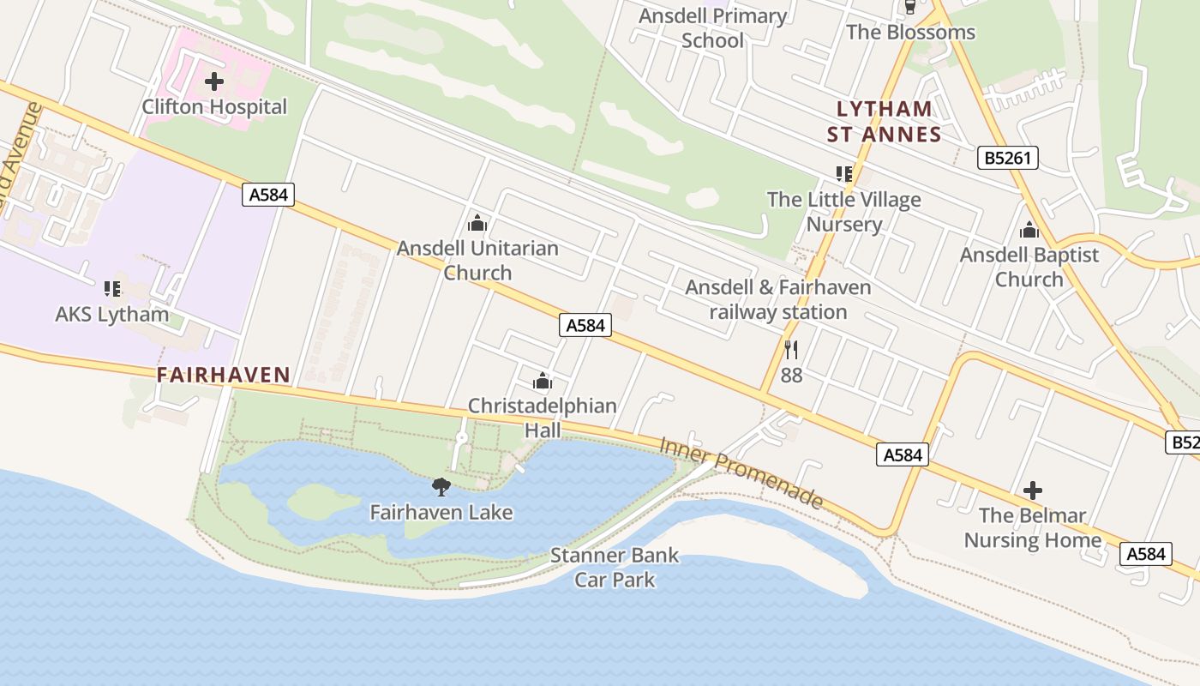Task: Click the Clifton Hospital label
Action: pyautogui.click(x=214, y=107)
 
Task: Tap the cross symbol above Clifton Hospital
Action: pyautogui.click(x=214, y=82)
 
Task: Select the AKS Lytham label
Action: pyautogui.click(x=112, y=314)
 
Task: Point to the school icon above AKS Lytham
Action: pyautogui.click(x=112, y=289)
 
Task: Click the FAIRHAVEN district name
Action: pyautogui.click(x=224, y=375)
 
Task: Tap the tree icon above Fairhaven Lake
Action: pyautogui.click(x=441, y=488)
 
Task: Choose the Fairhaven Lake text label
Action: pyautogui.click(x=441, y=513)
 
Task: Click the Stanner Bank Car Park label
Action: pyautogui.click(x=615, y=568)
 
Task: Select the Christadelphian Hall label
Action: pyautogui.click(x=542, y=418)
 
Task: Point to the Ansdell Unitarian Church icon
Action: pyautogui.click(x=477, y=224)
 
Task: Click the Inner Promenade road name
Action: pyautogui.click(x=741, y=472)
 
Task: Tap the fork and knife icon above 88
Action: pyautogui.click(x=791, y=350)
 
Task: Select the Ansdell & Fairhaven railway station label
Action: pyautogui.click(x=778, y=300)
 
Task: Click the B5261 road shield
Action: pyautogui.click(x=1008, y=158)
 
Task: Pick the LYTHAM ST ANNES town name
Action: pyautogui.click(x=885, y=122)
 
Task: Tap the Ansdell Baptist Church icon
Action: pyautogui.click(x=1029, y=230)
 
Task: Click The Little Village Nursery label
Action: pyautogui.click(x=844, y=212)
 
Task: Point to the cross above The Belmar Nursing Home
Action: pyautogui.click(x=1033, y=490)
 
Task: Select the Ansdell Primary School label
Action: pyautogui.click(x=713, y=28)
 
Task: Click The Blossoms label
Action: pyautogui.click(x=910, y=33)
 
